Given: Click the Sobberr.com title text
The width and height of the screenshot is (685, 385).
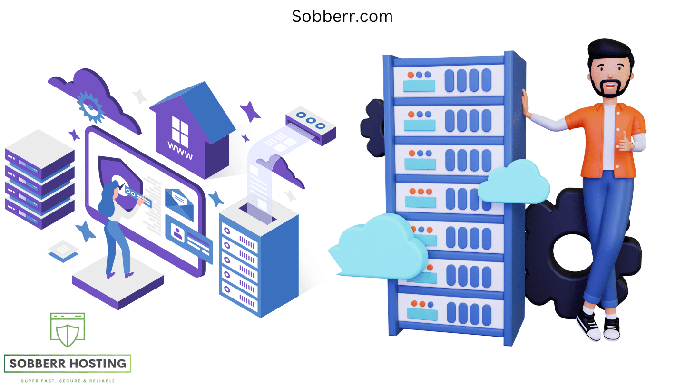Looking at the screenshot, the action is click(342, 17).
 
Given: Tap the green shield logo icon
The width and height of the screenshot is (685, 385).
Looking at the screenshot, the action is click(68, 330).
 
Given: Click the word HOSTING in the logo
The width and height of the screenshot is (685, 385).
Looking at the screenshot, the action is click(97, 364).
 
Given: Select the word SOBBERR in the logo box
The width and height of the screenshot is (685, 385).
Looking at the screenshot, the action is click(37, 364).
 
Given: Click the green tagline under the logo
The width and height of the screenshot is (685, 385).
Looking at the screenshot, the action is click(68, 381).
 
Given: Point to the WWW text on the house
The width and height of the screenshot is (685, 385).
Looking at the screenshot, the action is click(180, 151).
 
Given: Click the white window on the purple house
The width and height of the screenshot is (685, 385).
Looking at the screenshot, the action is click(180, 132).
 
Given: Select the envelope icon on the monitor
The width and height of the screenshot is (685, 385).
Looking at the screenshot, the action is click(179, 204).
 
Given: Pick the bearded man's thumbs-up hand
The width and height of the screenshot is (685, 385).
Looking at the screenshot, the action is click(626, 143).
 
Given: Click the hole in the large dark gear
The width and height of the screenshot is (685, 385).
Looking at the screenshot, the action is click(572, 252).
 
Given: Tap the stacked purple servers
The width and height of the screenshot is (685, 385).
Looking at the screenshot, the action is click(40, 180).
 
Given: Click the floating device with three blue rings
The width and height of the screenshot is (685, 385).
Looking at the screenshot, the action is click(311, 125).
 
